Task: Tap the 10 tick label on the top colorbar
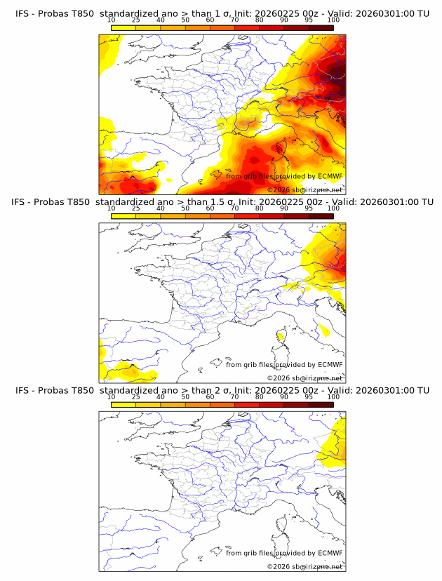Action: click(111, 20)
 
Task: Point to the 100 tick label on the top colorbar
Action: click(333, 20)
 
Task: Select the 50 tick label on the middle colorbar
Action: click(185, 208)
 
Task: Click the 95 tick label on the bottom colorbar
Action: click(309, 396)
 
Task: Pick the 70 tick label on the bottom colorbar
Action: click(234, 396)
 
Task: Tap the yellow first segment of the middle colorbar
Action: click(123, 215)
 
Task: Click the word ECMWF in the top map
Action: click(330, 176)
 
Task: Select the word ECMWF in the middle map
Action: click(330, 364)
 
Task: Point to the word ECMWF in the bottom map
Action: click(330, 552)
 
